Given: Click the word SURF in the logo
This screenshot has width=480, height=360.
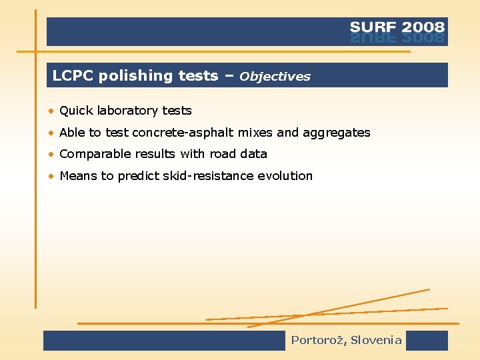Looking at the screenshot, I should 373,27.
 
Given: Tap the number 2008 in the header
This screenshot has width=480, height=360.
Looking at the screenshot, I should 422,27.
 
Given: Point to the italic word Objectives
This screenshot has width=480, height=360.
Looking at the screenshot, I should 275,77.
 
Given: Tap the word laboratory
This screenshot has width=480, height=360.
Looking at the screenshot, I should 126,111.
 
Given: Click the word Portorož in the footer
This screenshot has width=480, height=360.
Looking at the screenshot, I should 317,341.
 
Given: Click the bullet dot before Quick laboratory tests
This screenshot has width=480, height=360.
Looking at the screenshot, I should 51,111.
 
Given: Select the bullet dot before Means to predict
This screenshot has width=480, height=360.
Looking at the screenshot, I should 51,177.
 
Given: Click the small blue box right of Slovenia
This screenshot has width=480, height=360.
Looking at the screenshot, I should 427,341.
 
